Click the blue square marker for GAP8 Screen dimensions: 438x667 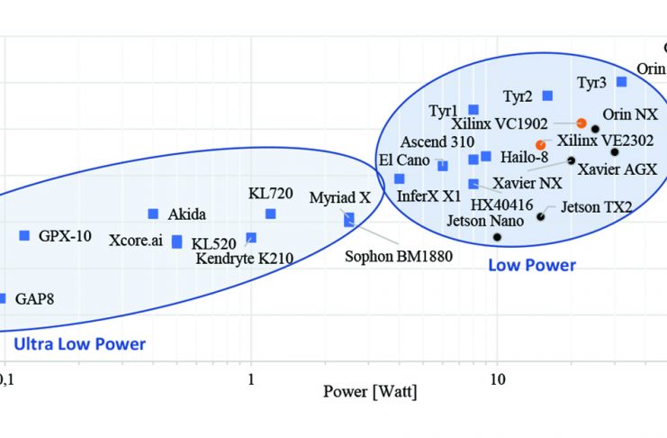(2, 298)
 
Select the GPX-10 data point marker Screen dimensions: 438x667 (24, 235)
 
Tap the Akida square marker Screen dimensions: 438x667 (153, 214)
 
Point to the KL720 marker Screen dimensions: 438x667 (270, 214)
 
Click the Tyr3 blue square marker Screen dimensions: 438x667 (621, 82)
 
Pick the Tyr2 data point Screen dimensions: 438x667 (547, 96)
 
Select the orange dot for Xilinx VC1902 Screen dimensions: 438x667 (581, 123)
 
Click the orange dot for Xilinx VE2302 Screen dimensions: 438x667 (540, 144)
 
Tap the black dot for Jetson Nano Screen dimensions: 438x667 (497, 236)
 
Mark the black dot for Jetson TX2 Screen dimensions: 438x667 (541, 216)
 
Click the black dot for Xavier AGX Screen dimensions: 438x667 (615, 151)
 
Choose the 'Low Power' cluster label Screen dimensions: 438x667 (532, 265)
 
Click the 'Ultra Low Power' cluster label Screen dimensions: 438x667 (79, 344)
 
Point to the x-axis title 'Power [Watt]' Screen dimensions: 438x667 (370, 392)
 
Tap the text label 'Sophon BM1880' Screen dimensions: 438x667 (399, 255)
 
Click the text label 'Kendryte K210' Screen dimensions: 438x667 (245, 259)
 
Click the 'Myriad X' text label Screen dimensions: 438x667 (339, 197)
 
